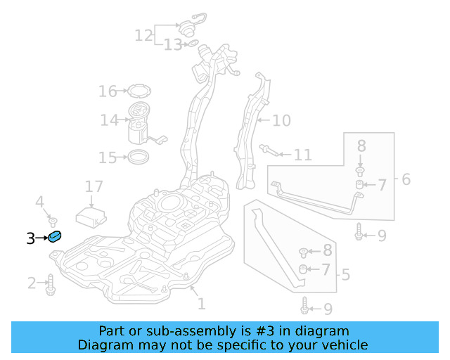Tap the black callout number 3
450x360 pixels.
(30, 239)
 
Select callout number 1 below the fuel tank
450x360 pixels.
(202, 304)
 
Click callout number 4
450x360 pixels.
(40, 202)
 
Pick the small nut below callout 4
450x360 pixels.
(51, 222)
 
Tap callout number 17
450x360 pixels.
(94, 187)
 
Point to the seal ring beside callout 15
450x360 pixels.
(139, 155)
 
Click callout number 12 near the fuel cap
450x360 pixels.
(143, 34)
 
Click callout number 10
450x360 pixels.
(281, 121)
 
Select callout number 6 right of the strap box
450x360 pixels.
(406, 180)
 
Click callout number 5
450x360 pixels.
(345, 274)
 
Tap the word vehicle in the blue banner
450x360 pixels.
(341, 345)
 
